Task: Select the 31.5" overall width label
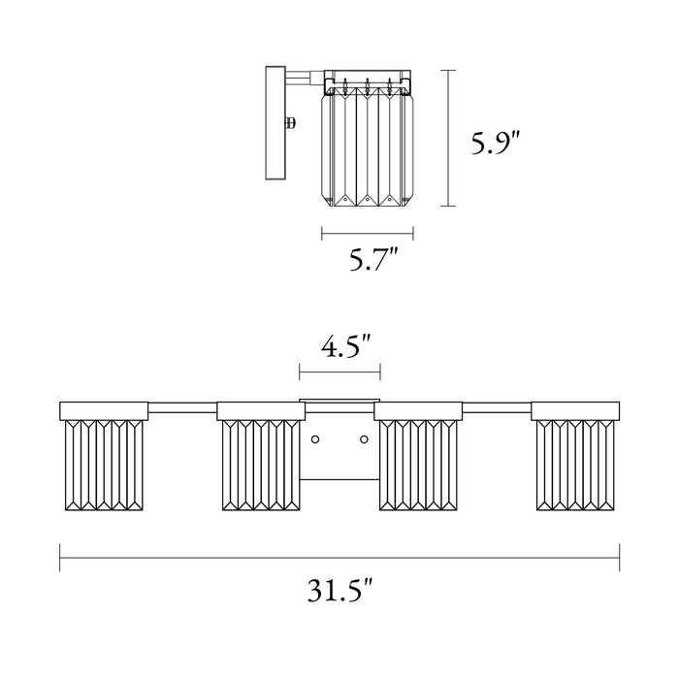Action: coord(339,590)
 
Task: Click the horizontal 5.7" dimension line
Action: coord(368,232)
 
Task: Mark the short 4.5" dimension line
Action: coord(339,370)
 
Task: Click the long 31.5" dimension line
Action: coord(339,557)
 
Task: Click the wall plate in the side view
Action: coord(274,123)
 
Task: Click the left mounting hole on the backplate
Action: coord(315,440)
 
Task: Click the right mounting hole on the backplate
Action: coord(364,440)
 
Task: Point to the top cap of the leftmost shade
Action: coord(103,409)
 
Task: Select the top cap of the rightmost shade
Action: coord(575,409)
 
